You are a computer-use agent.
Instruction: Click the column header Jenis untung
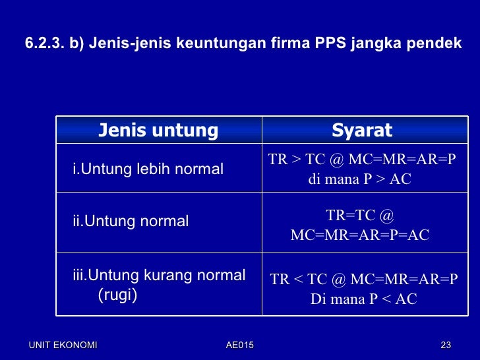point(158,131)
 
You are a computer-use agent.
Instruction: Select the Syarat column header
point(362,131)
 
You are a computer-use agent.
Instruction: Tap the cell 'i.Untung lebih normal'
point(148,169)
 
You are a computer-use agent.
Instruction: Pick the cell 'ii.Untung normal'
point(131,222)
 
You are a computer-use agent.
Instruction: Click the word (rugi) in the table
point(117,295)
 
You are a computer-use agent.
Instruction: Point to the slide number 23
point(446,345)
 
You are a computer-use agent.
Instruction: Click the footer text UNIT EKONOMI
point(63,345)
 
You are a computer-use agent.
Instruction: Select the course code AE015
point(239,345)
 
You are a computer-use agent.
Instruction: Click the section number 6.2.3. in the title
point(44,44)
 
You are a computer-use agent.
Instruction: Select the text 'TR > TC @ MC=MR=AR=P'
point(362,160)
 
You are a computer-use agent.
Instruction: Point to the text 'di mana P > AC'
point(359,179)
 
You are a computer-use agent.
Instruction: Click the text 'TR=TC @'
point(359,216)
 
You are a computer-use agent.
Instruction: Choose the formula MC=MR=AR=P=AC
point(359,235)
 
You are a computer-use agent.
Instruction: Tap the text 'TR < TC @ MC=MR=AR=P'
point(363,280)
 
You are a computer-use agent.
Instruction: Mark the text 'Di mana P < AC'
point(363,299)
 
